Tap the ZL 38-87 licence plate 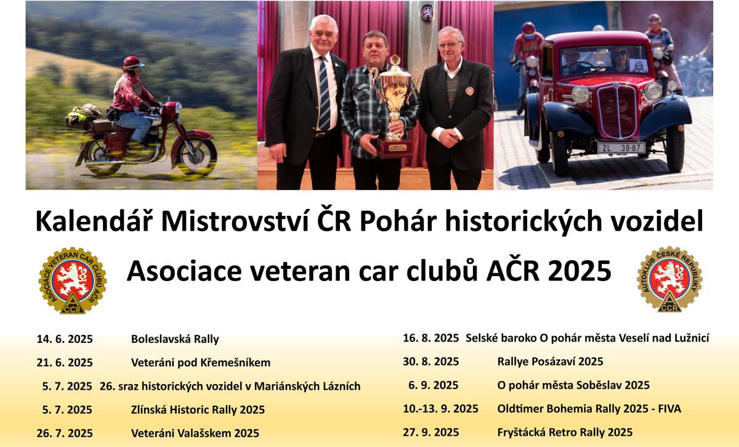coord(621,148)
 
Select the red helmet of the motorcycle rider coord(133,62)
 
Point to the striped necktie coord(324,94)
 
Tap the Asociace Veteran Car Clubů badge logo coord(73,281)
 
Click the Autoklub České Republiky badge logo coord(670,279)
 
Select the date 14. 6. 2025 coord(65,339)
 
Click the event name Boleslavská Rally coord(175,339)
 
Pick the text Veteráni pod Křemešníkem coord(201,363)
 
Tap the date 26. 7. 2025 coord(65,433)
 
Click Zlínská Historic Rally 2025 coord(198,409)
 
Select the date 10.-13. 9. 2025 coord(440,409)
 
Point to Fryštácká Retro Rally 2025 coord(565,432)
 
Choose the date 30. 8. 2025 coord(431,361)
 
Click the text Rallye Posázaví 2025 coord(550,361)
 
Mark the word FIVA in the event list coord(669,409)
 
